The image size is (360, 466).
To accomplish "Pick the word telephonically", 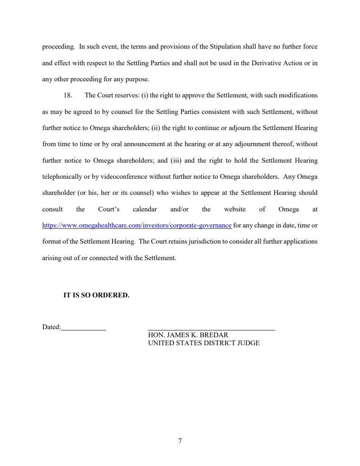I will [x=61, y=176].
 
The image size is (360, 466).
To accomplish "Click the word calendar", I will [x=145, y=209].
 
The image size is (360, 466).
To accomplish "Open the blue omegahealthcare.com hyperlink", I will [x=137, y=225].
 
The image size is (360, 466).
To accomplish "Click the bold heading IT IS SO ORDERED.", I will [x=96, y=295].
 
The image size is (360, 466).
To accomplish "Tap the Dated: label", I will [x=51, y=327].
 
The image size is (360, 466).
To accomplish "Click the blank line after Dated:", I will [x=84, y=330].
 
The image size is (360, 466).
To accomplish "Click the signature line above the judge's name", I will [x=211, y=330].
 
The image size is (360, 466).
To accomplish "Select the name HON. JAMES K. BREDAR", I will [x=188, y=335].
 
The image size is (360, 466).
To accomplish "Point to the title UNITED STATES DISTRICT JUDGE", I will [x=204, y=343].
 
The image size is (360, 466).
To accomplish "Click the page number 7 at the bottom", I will [x=180, y=441].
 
